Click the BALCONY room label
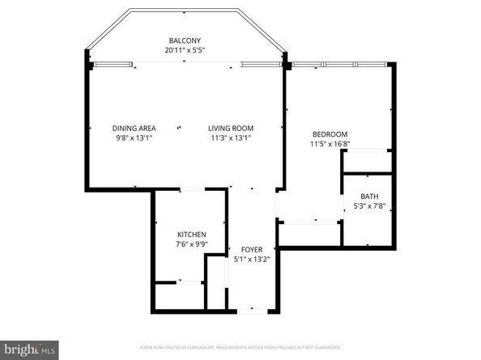[x=185, y=41]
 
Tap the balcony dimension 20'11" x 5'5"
[x=185, y=51]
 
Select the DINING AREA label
[x=134, y=128]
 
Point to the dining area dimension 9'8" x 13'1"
[x=134, y=138]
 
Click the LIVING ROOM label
[x=231, y=128]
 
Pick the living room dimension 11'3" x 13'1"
[x=231, y=138]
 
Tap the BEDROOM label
[x=330, y=134]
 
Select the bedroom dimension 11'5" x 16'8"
[x=330, y=144]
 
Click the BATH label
[x=369, y=197]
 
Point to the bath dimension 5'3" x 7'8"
[x=369, y=206]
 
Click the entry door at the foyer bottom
[x=252, y=310]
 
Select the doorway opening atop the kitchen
[x=191, y=189]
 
